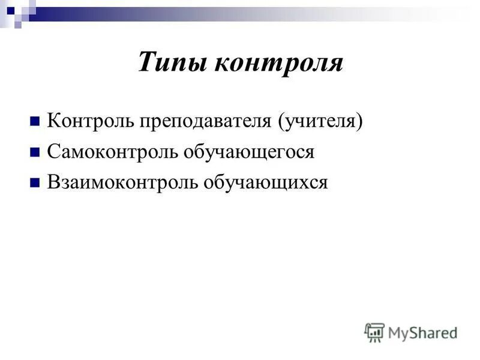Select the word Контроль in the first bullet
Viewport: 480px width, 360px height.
(91, 121)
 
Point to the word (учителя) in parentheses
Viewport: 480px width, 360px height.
(320, 122)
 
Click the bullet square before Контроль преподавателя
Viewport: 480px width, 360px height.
(35, 122)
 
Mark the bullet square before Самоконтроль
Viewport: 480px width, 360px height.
(35, 152)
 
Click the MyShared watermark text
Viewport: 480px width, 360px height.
(422, 332)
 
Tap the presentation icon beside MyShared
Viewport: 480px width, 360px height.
(375, 332)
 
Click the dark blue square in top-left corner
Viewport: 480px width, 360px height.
(10, 10)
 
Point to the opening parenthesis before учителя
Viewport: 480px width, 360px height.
(280, 122)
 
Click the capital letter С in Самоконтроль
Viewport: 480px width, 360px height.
(53, 152)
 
